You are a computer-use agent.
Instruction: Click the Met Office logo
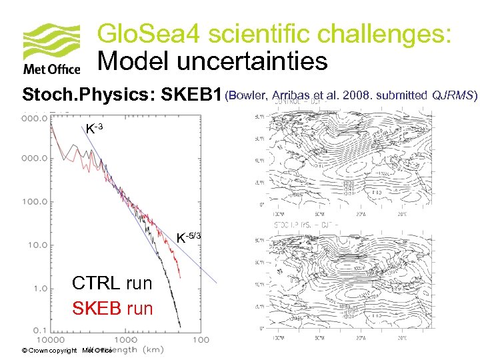pyautogui.click(x=51, y=49)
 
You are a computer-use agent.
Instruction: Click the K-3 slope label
pyautogui.click(x=93, y=128)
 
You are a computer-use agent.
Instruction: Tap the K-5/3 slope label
pyautogui.click(x=188, y=237)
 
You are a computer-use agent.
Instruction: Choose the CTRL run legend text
pyautogui.click(x=112, y=283)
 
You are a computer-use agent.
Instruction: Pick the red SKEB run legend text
pyautogui.click(x=112, y=309)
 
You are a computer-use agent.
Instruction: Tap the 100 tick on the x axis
pyautogui.click(x=199, y=340)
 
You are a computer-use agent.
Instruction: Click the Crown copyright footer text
pyautogui.click(x=49, y=350)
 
